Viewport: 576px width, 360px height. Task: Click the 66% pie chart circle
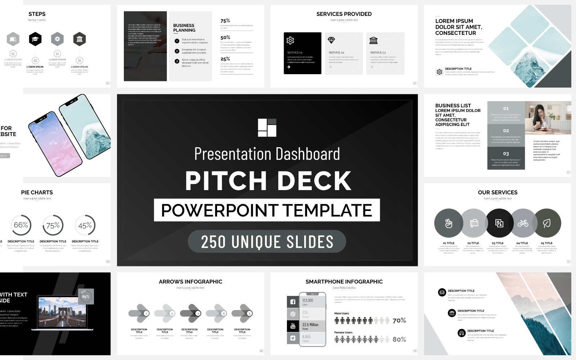[21, 225]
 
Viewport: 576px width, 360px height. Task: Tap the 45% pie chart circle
[85, 225]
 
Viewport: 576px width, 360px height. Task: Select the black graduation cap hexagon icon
[35, 39]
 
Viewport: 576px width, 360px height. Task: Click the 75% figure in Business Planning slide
[225, 21]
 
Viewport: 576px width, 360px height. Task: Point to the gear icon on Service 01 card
[290, 40]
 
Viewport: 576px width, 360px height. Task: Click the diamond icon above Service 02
[331, 40]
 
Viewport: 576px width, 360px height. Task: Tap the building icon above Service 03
[374, 40]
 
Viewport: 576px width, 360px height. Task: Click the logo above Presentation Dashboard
[267, 127]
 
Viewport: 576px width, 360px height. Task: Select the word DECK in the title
[314, 181]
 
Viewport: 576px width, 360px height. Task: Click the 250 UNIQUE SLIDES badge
[267, 242]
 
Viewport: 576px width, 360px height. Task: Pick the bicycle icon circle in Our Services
[523, 224]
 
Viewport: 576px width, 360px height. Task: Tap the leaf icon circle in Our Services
[547, 224]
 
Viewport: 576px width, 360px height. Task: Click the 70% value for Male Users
[399, 320]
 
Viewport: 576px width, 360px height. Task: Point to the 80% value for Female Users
[399, 339]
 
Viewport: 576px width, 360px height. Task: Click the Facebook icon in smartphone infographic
[293, 302]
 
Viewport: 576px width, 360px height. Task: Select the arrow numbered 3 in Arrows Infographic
[190, 314]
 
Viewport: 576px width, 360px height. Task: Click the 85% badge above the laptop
[86, 297]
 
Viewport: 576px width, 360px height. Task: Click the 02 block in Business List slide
[506, 135]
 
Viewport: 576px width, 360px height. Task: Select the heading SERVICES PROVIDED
[344, 14]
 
